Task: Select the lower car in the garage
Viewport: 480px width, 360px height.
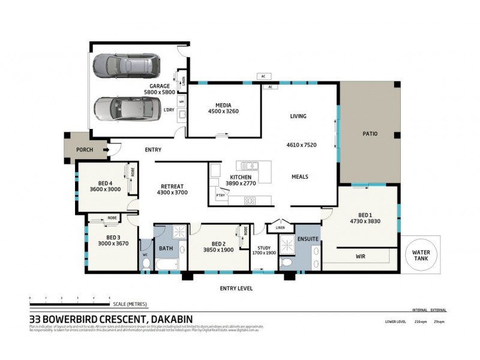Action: tap(127, 109)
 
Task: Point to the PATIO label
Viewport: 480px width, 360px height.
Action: tap(370, 134)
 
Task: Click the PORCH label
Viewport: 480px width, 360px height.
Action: tap(85, 150)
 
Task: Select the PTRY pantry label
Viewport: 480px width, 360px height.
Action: tap(220, 195)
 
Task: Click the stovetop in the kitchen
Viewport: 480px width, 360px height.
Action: tap(250, 201)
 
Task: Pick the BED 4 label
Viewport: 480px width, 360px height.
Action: tap(105, 183)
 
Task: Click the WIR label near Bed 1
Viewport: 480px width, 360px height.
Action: tap(361, 256)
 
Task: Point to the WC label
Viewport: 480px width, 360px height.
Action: tap(145, 255)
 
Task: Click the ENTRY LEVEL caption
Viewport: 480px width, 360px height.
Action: tap(236, 288)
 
